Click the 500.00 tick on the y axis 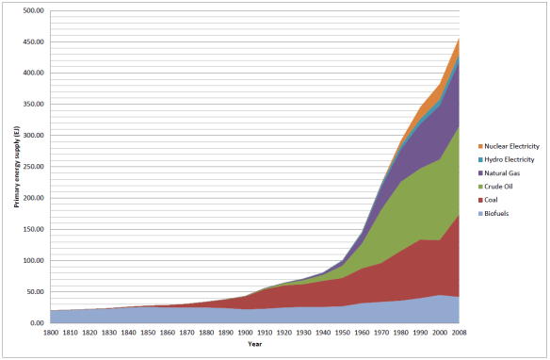point(33,10)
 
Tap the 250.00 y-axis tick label point(33,167)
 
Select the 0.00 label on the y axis point(36,323)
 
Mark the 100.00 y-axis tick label point(33,260)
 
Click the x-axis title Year point(255,345)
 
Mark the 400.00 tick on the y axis point(33,73)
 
